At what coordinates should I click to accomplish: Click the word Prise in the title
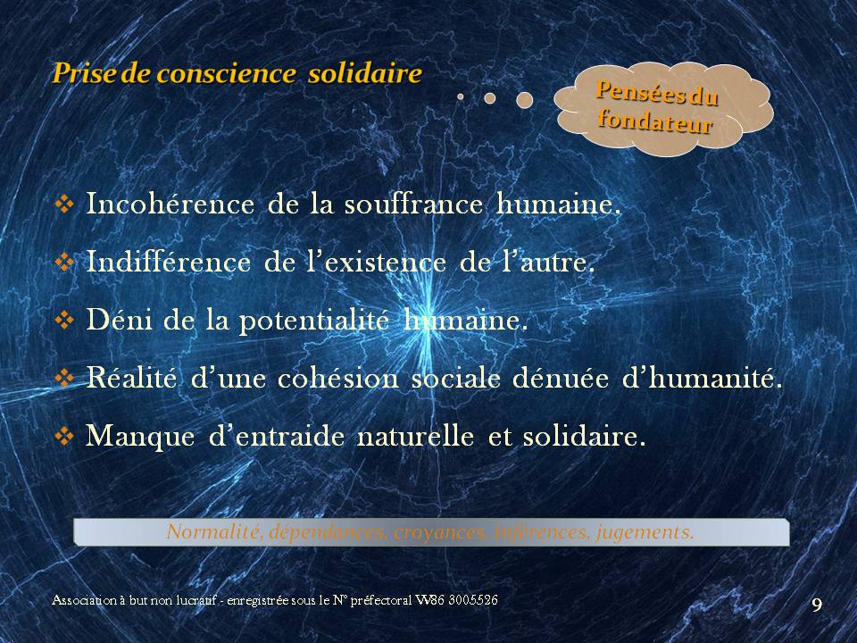click(x=84, y=73)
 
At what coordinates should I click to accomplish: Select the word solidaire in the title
click(x=364, y=73)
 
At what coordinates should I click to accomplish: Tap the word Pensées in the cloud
click(x=641, y=91)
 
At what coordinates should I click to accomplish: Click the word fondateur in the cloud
click(x=655, y=121)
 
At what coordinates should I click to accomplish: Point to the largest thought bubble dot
click(x=525, y=100)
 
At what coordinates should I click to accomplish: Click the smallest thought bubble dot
click(x=461, y=96)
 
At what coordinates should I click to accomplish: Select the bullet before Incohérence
click(x=64, y=205)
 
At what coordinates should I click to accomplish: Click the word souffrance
click(x=413, y=204)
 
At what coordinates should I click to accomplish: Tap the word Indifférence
click(x=169, y=262)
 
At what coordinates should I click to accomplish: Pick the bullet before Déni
click(x=64, y=320)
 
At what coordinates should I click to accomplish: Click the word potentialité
click(x=314, y=321)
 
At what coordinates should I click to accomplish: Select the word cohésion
click(x=338, y=378)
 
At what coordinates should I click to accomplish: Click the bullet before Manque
click(x=64, y=437)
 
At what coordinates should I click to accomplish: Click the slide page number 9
click(x=817, y=605)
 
